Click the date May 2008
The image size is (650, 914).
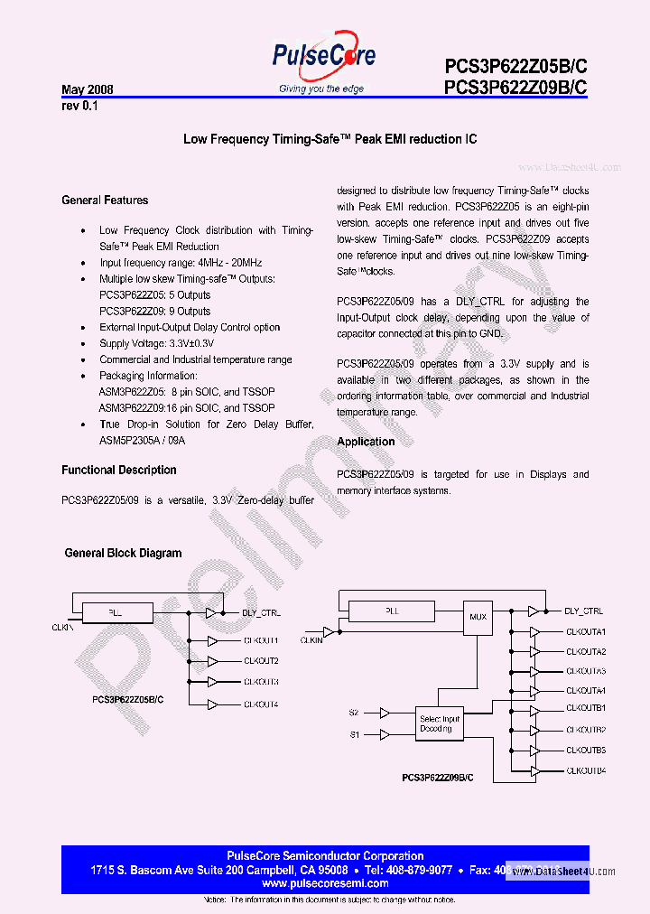point(87,90)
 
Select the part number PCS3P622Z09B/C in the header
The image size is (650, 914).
point(515,88)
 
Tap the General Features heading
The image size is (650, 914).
point(105,201)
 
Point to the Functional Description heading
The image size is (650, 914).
point(119,471)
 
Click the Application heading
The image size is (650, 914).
point(366,442)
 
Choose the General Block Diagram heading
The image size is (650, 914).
point(123,554)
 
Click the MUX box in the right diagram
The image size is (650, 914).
point(478,617)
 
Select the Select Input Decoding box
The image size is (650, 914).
point(439,724)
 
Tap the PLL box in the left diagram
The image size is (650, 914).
point(116,612)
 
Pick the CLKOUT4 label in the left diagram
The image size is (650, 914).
point(261,704)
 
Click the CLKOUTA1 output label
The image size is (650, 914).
point(586,632)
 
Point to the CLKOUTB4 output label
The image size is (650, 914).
point(586,770)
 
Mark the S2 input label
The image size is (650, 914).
point(353,713)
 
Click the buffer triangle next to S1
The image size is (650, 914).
point(385,735)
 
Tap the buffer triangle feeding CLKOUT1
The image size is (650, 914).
point(212,640)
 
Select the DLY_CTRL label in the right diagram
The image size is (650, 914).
point(583,611)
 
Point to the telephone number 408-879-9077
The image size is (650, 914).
point(419,870)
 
